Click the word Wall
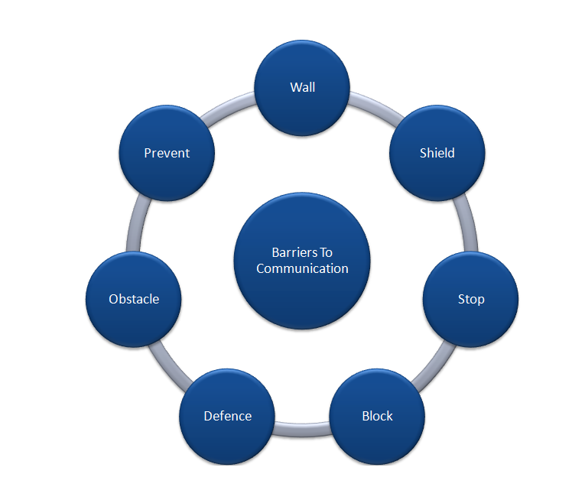[302, 86]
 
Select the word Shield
[437, 153]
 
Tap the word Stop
[470, 299]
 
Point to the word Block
[377, 416]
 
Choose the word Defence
[227, 416]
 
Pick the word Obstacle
[134, 299]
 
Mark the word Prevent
[167, 153]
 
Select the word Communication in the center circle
[302, 268]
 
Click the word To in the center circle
[326, 252]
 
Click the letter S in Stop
[461, 299]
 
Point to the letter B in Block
[366, 416]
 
